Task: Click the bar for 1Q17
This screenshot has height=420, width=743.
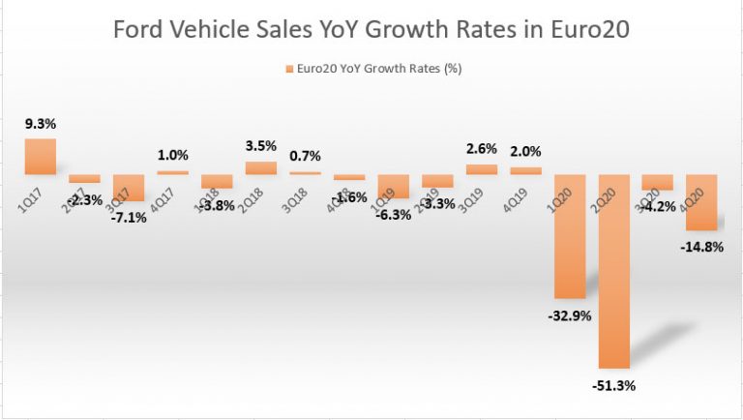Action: (40, 156)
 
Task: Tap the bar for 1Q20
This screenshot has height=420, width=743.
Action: (569, 236)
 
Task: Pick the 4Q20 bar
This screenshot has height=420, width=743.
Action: (700, 202)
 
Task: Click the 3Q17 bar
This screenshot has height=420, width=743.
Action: (128, 188)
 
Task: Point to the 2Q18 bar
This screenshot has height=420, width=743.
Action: (260, 167)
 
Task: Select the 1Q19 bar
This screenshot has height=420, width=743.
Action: (393, 186)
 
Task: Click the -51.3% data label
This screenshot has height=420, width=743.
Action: (614, 384)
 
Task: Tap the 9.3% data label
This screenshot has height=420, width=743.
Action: (40, 125)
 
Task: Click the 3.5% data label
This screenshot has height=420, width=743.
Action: (260, 146)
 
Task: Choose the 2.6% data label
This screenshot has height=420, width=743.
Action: (482, 149)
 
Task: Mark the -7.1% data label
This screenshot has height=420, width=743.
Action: (129, 217)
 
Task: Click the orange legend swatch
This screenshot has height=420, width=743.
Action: (288, 69)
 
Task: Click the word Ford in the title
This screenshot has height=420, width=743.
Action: (141, 30)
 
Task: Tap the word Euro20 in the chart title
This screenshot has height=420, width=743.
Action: (592, 30)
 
